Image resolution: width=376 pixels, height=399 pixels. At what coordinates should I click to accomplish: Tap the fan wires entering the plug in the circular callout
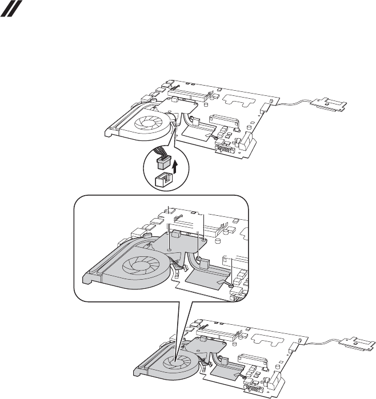162,153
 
